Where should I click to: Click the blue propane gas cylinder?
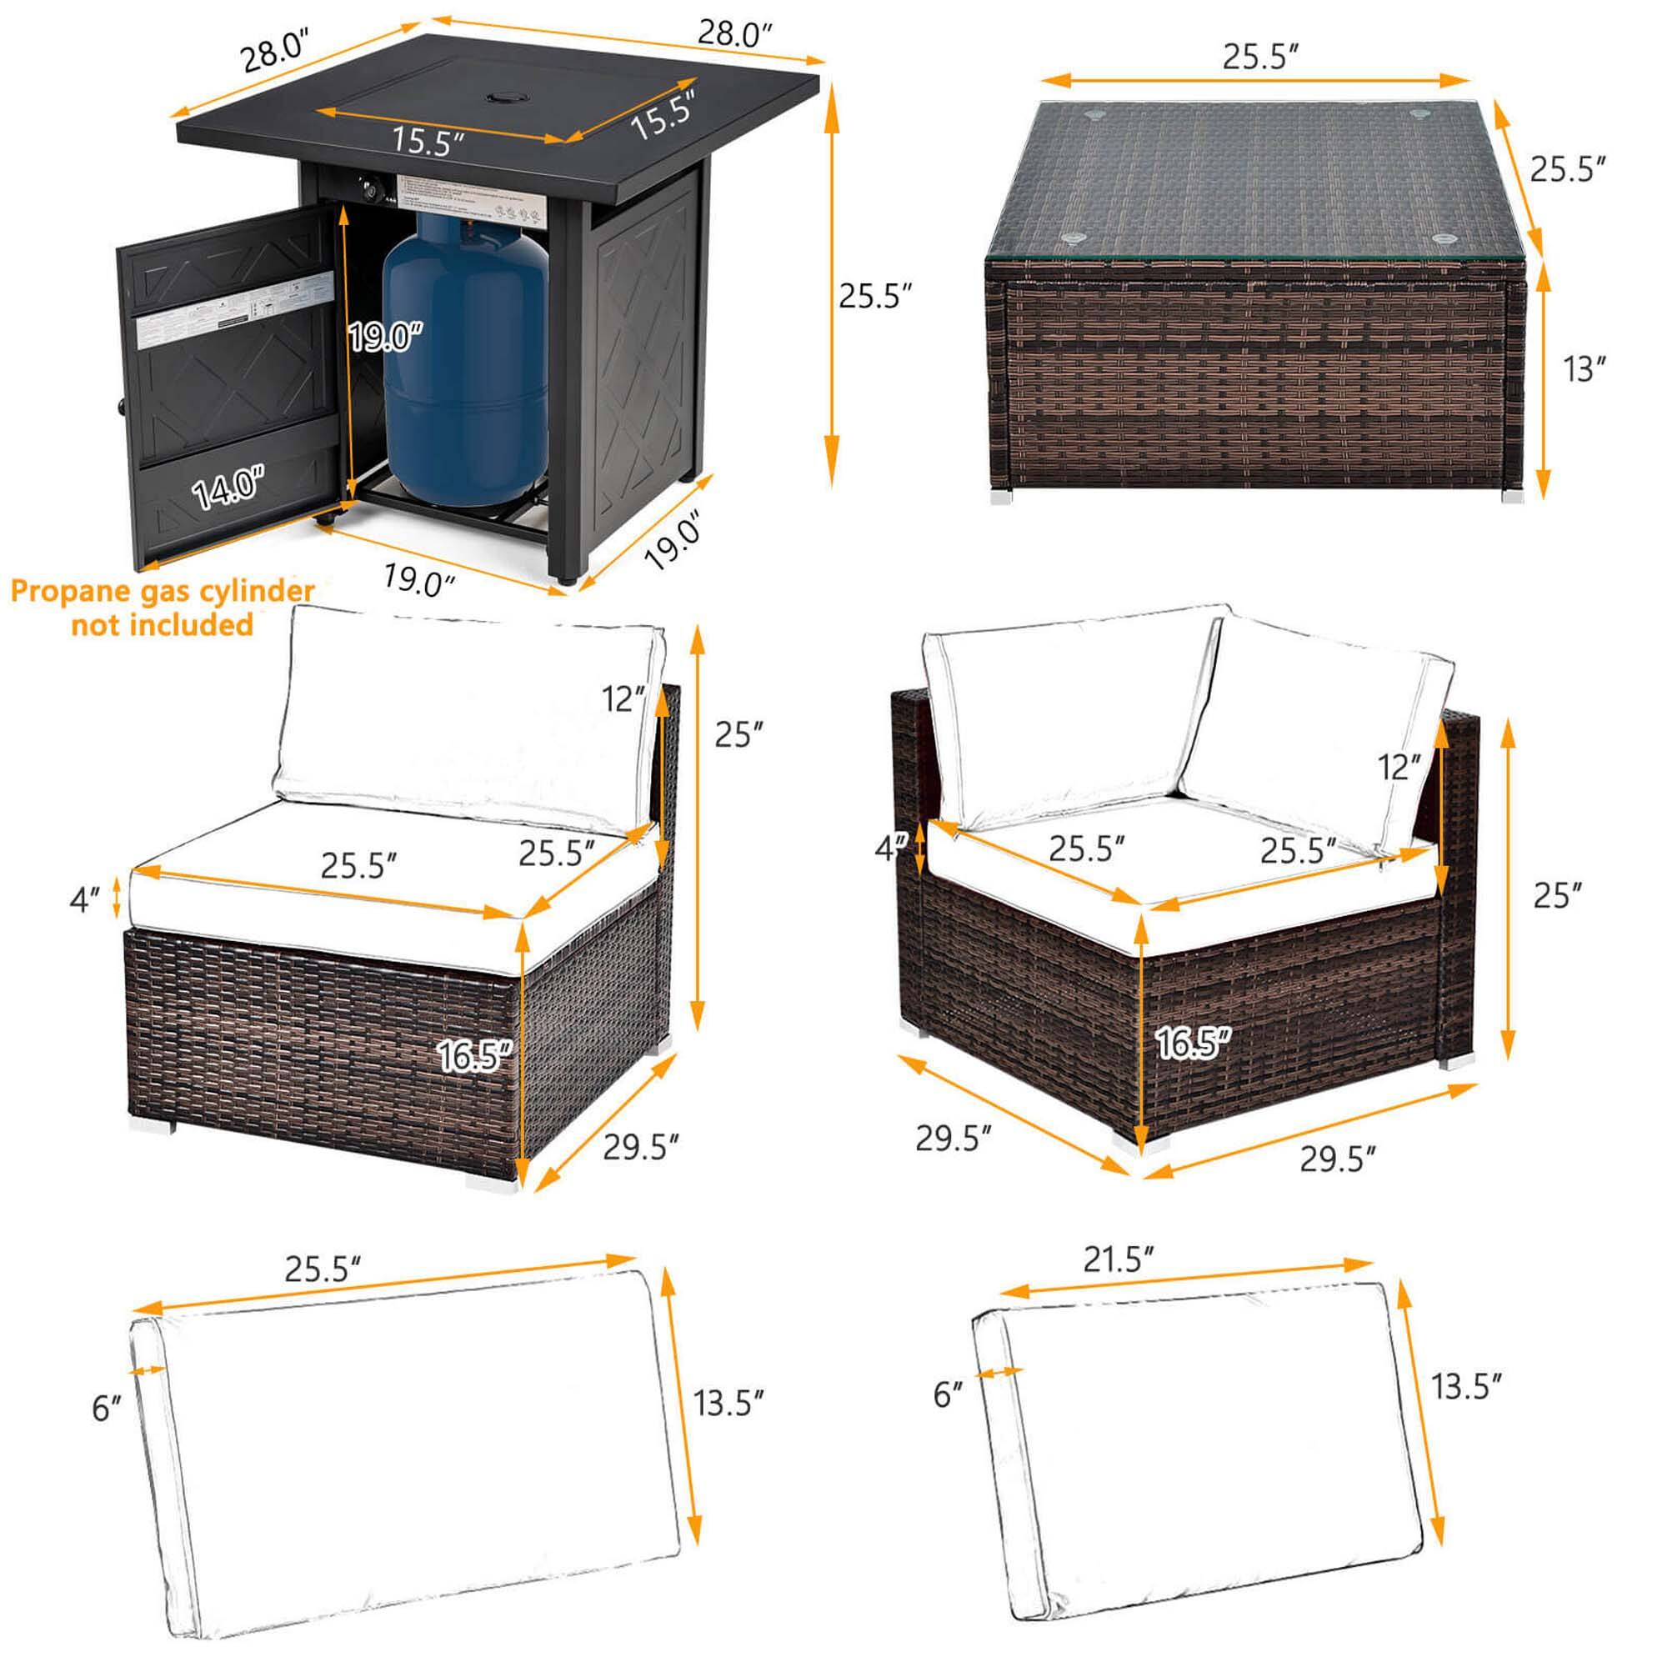coord(465,363)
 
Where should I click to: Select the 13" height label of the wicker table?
coord(1584,369)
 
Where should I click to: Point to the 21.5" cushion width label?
coord(1119,1260)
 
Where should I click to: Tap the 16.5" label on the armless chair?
coord(475,1054)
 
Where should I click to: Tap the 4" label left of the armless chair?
coord(83,901)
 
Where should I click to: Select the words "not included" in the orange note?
coord(163,623)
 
